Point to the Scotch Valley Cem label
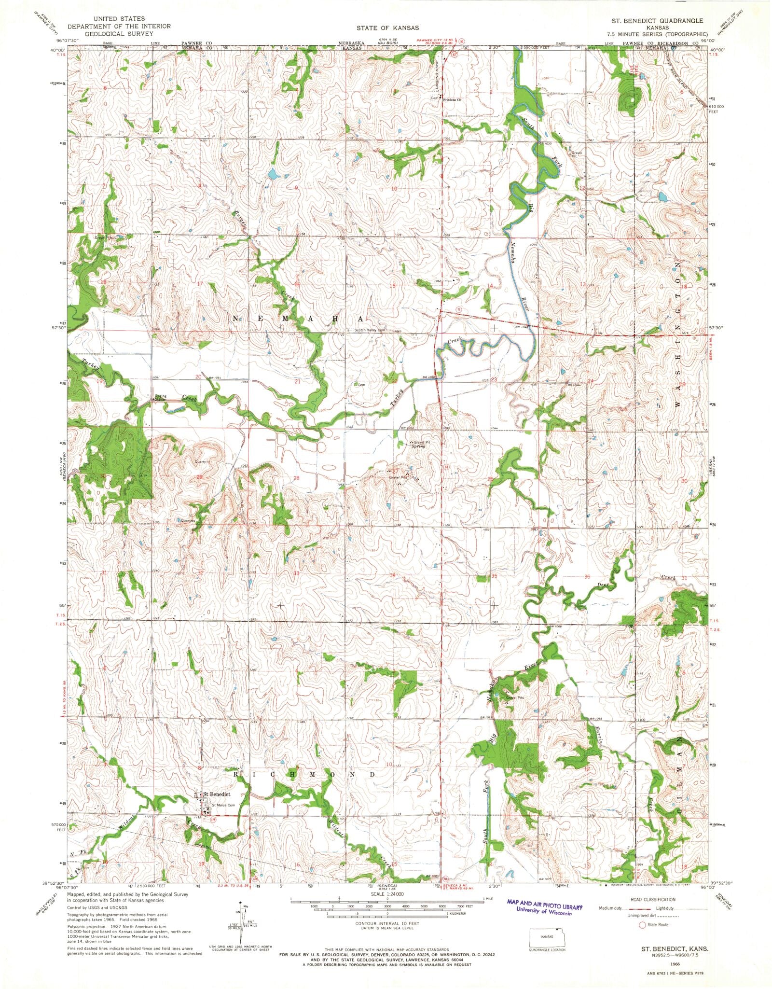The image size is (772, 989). click(371, 331)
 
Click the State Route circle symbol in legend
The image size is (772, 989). click(642, 925)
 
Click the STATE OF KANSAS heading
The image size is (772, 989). click(386, 28)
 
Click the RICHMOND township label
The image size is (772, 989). click(304, 775)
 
